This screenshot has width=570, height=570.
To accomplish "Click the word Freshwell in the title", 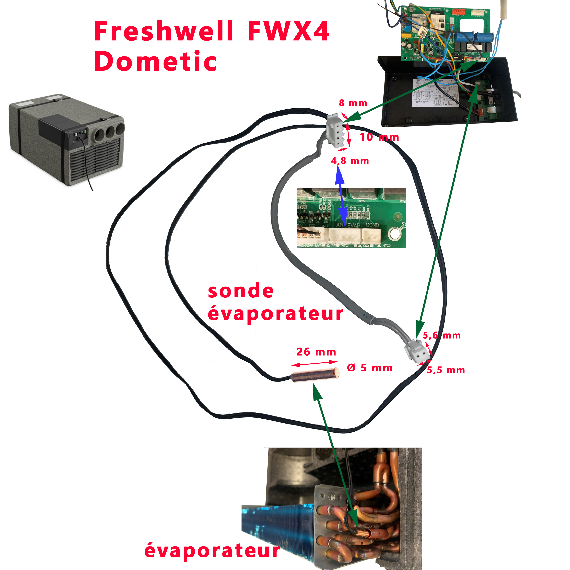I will point(164,31).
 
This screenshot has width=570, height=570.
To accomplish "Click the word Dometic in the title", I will point(155,61).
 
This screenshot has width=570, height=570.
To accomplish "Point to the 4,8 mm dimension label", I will point(350,161).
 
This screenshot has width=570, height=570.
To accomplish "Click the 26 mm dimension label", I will point(316,352).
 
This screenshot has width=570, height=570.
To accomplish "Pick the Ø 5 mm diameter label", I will point(370,368).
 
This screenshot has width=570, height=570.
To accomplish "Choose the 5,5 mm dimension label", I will point(446,370).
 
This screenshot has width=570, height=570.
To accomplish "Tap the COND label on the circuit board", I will point(372,225).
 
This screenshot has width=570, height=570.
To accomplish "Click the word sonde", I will point(241,291).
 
